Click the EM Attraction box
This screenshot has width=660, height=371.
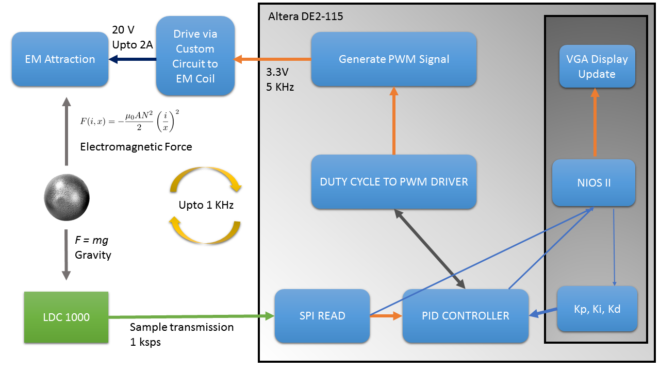coord(60,59)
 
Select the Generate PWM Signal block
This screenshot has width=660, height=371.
coord(394,59)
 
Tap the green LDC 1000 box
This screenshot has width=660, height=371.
coord(67,317)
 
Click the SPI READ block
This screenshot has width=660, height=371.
coord(322,316)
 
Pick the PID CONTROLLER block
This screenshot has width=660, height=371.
coord(466,316)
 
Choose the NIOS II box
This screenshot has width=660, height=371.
coord(593,183)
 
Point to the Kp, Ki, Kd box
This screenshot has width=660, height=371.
coord(597,309)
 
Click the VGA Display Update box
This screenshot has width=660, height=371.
coord(597,66)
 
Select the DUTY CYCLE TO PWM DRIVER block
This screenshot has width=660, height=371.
coord(394,182)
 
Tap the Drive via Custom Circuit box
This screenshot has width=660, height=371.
coord(195,56)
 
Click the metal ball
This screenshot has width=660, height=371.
coord(67,197)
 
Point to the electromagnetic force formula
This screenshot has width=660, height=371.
coord(129,121)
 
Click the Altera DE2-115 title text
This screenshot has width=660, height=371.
coord(306,16)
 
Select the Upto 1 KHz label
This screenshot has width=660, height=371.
coord(206,205)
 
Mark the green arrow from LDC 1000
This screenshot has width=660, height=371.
coord(191,316)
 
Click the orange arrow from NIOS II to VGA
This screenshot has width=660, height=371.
coord(595,122)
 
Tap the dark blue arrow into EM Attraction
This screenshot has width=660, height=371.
coord(133,59)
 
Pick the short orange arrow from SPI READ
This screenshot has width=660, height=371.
coord(386,316)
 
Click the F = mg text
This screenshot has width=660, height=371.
coord(92,240)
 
